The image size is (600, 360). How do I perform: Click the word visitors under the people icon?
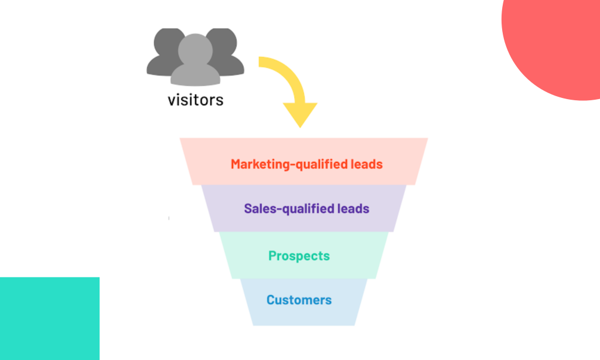click(x=195, y=99)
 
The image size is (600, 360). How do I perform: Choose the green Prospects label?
click(x=299, y=256)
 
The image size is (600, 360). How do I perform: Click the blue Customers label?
click(x=299, y=300)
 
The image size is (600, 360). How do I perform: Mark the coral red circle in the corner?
click(x=557, y=41)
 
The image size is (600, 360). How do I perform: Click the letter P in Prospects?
click(x=272, y=256)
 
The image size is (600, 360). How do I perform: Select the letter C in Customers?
click(x=271, y=300)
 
